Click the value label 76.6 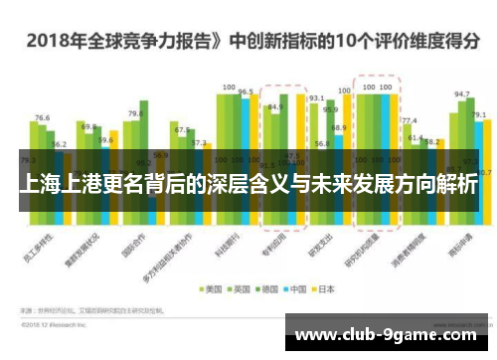coord(42,117)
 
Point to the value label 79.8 coord(135,113)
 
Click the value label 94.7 coord(461,94)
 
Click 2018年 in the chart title coord(50,41)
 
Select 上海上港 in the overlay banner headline coord(60,186)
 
